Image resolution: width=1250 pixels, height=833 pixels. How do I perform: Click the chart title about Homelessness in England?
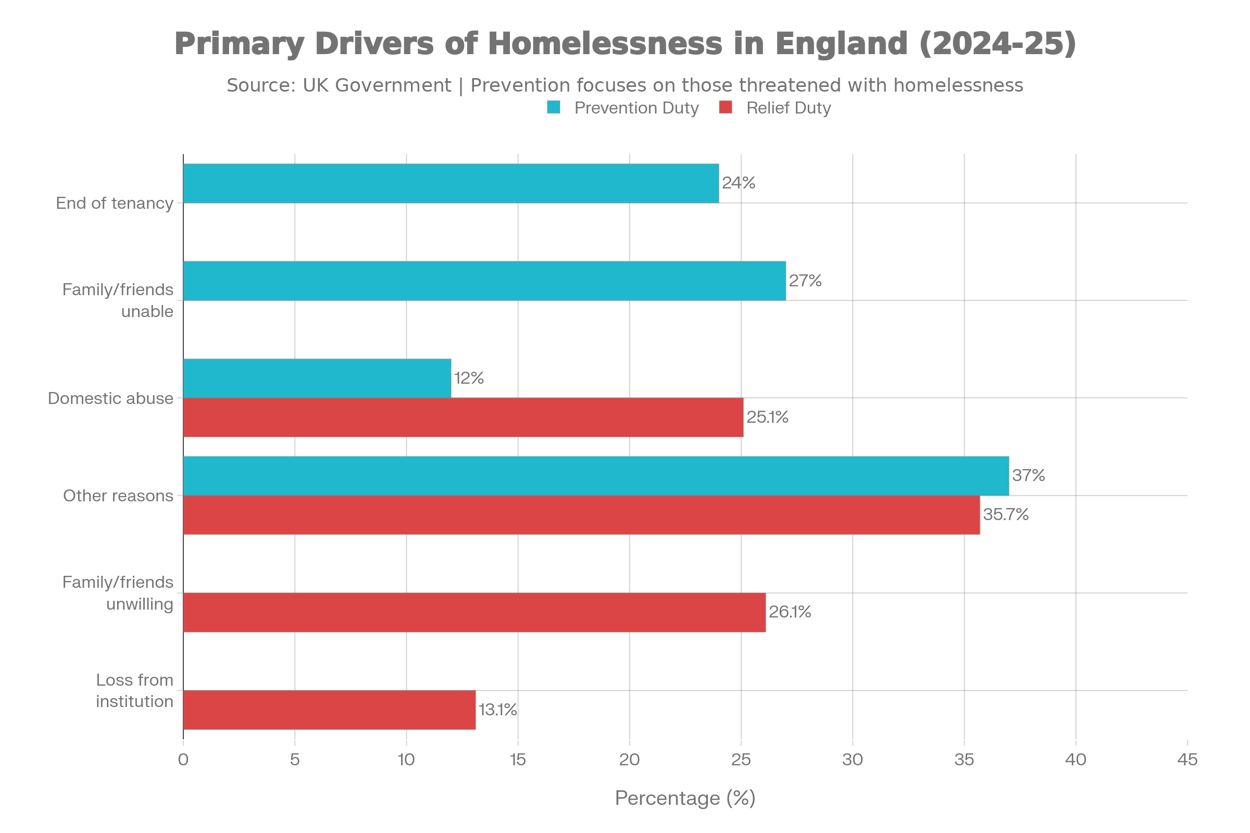click(x=625, y=44)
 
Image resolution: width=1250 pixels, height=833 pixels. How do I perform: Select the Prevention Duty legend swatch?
click(x=553, y=108)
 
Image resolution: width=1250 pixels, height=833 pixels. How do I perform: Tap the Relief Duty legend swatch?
click(x=726, y=108)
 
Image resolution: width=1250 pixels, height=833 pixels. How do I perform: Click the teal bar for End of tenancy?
click(x=451, y=183)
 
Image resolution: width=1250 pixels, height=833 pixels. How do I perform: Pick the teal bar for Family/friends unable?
click(x=484, y=281)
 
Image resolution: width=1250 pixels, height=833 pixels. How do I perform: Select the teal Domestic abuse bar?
click(x=317, y=378)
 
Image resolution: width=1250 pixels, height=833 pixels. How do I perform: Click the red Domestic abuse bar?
click(x=464, y=418)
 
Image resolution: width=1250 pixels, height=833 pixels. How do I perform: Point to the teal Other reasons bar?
click(x=596, y=475)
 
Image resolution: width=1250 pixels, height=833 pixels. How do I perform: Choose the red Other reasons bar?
click(x=581, y=515)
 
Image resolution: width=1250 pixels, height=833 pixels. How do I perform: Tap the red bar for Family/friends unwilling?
click(x=474, y=613)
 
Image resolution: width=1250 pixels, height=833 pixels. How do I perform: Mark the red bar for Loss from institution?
click(x=330, y=710)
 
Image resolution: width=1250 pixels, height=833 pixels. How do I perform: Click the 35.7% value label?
click(x=1006, y=515)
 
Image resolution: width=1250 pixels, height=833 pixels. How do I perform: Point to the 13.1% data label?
click(x=497, y=710)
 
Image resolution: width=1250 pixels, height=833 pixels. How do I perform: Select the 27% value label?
click(x=805, y=281)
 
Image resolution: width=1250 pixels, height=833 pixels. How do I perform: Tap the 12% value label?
click(x=469, y=378)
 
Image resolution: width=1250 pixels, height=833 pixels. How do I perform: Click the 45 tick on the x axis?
click(x=1187, y=760)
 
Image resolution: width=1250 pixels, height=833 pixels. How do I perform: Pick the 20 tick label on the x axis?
click(x=629, y=760)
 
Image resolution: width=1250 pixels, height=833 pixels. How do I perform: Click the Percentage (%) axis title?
click(x=685, y=798)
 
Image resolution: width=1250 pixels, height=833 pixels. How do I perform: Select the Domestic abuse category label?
click(x=110, y=398)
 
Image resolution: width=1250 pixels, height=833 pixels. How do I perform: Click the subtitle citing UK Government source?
click(x=625, y=85)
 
